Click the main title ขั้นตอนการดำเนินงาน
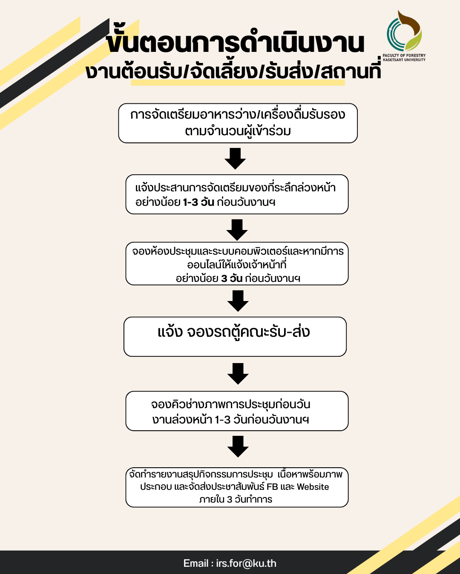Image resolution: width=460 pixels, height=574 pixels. click(x=236, y=43)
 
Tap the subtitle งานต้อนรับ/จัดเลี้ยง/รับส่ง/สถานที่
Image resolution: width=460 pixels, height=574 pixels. click(x=233, y=71)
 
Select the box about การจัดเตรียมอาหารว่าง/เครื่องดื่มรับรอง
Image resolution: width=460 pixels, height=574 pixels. click(x=238, y=123)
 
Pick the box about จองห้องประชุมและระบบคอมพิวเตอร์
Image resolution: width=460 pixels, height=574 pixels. click(x=237, y=264)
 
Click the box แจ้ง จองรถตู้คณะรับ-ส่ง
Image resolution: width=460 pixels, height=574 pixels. click(x=235, y=336)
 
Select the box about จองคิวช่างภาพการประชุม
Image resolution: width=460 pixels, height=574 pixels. click(x=237, y=411)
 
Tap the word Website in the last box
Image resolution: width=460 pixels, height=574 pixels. click(x=313, y=487)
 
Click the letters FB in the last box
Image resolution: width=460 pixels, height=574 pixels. click(x=272, y=487)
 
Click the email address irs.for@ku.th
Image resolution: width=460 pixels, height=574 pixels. click(x=246, y=563)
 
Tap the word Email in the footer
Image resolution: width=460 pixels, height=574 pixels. click(x=196, y=563)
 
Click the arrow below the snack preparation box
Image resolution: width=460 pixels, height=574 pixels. click(x=235, y=159)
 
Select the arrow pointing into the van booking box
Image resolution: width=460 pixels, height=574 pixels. click(x=238, y=301)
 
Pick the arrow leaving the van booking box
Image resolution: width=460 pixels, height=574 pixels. click(x=238, y=373)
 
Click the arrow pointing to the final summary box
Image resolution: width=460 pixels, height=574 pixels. click(x=238, y=446)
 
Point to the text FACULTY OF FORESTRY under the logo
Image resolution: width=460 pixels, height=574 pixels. click(x=404, y=55)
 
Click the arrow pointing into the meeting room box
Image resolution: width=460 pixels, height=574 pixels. click(x=237, y=230)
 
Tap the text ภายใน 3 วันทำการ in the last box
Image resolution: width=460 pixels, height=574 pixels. click(x=236, y=499)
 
